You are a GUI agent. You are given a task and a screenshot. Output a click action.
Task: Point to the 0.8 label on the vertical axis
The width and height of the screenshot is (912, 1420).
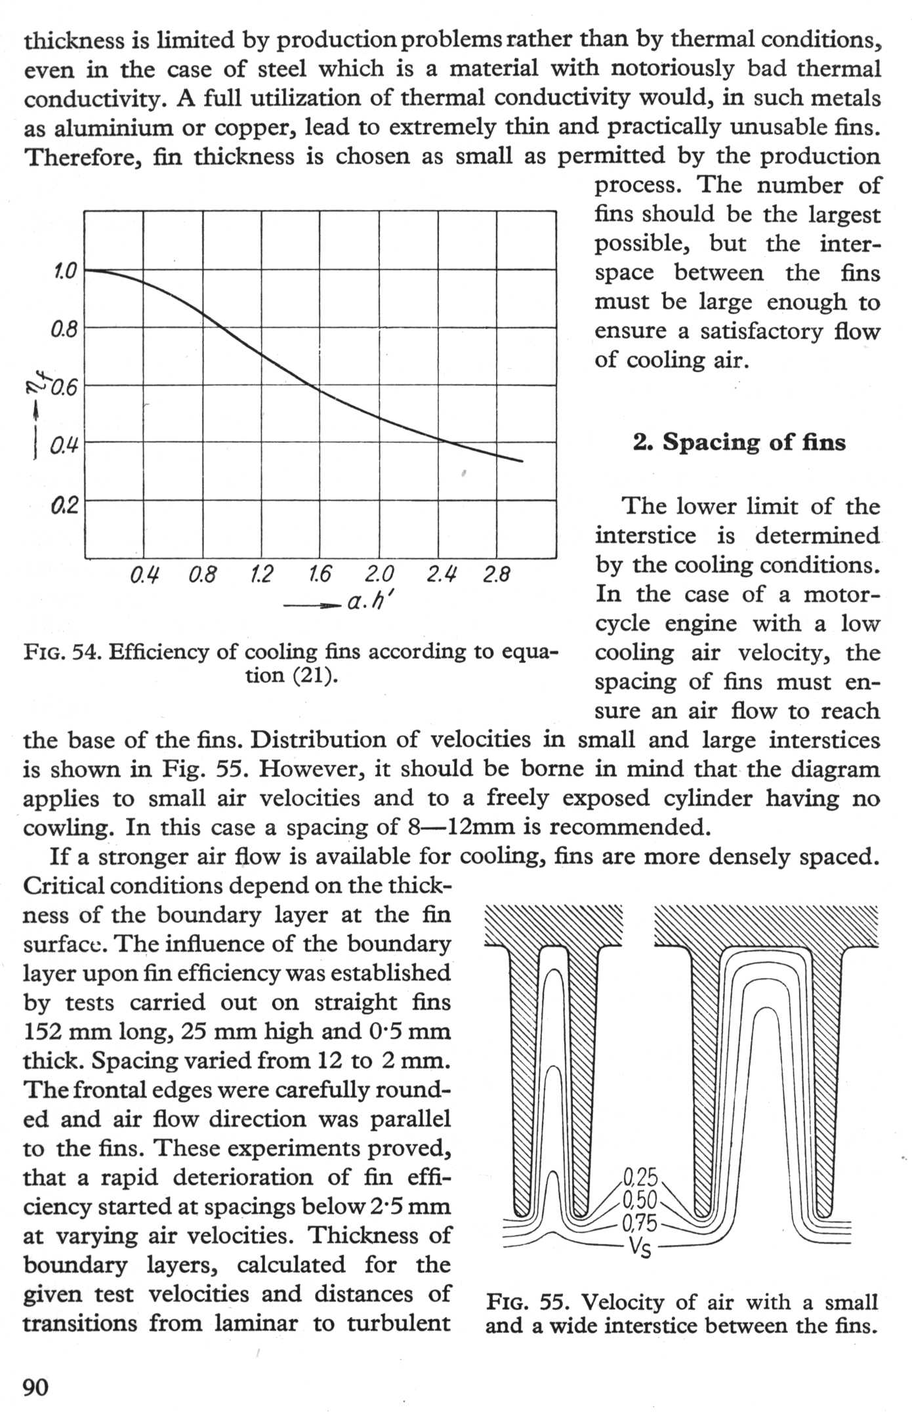64,329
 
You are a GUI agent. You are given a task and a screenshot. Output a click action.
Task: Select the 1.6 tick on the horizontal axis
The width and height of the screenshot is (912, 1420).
319,575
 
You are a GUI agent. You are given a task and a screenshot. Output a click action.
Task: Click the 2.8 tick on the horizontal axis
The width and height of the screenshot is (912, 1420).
496,575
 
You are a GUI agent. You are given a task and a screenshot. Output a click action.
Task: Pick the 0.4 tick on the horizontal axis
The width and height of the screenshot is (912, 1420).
143,575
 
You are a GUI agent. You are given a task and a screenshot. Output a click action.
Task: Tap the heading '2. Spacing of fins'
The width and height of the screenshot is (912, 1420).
739,443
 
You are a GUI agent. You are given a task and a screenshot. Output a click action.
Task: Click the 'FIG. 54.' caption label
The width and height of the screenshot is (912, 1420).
62,652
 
